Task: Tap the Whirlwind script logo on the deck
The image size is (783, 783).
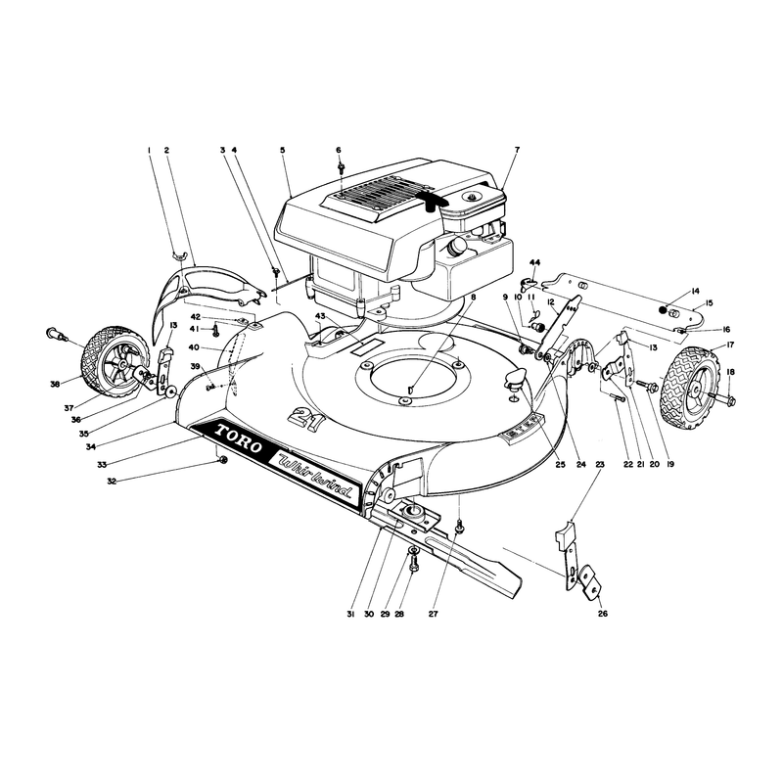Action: coord(316,477)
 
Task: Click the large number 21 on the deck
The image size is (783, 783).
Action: coord(306,417)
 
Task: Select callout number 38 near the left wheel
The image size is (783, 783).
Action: coord(55,384)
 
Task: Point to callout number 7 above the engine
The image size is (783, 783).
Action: coord(517,150)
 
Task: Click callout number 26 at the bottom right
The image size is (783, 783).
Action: coord(603,614)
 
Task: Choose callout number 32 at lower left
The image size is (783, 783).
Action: coord(112,482)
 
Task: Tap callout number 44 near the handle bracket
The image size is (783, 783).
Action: coord(534,262)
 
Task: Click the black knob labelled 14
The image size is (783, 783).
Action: coord(664,310)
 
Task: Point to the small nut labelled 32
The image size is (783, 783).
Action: coord(223,460)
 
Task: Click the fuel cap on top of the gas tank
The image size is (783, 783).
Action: coord(471,195)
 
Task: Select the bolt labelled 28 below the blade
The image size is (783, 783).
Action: coord(413,564)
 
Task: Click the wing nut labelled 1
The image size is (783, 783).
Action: coord(179,255)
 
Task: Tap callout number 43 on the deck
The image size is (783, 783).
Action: coord(320,316)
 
